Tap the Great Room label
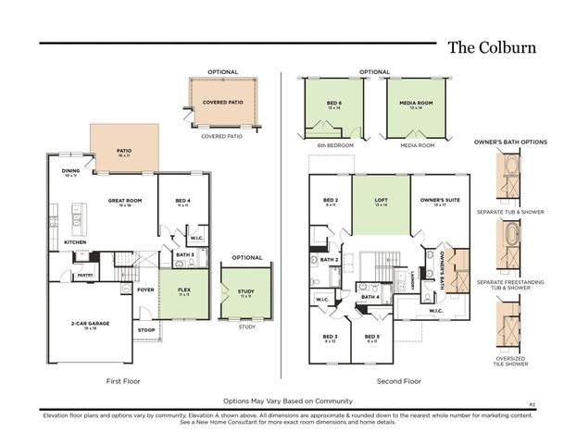click(x=123, y=200)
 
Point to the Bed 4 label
click(x=182, y=200)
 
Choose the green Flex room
click(x=184, y=290)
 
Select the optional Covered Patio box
click(x=223, y=104)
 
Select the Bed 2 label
click(x=331, y=200)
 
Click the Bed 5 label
click(x=371, y=337)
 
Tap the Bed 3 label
click(x=330, y=337)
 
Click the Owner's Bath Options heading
click(x=510, y=142)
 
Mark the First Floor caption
click(x=124, y=380)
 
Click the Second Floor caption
click(x=398, y=380)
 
